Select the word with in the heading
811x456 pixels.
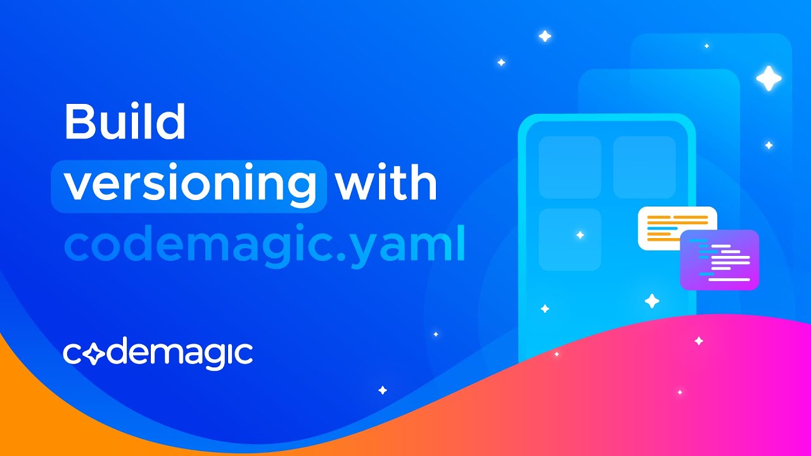[386, 183]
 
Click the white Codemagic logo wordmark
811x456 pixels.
[158, 353]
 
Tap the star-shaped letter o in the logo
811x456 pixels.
[92, 353]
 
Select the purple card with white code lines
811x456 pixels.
[720, 260]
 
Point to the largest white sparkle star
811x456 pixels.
[769, 78]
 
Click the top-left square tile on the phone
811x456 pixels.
[570, 167]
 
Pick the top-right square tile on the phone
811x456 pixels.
[644, 167]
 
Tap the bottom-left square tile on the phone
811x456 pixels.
[570, 239]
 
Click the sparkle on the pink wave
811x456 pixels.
[699, 341]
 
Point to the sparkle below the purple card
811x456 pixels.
[652, 301]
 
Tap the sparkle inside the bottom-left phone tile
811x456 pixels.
[580, 235]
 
